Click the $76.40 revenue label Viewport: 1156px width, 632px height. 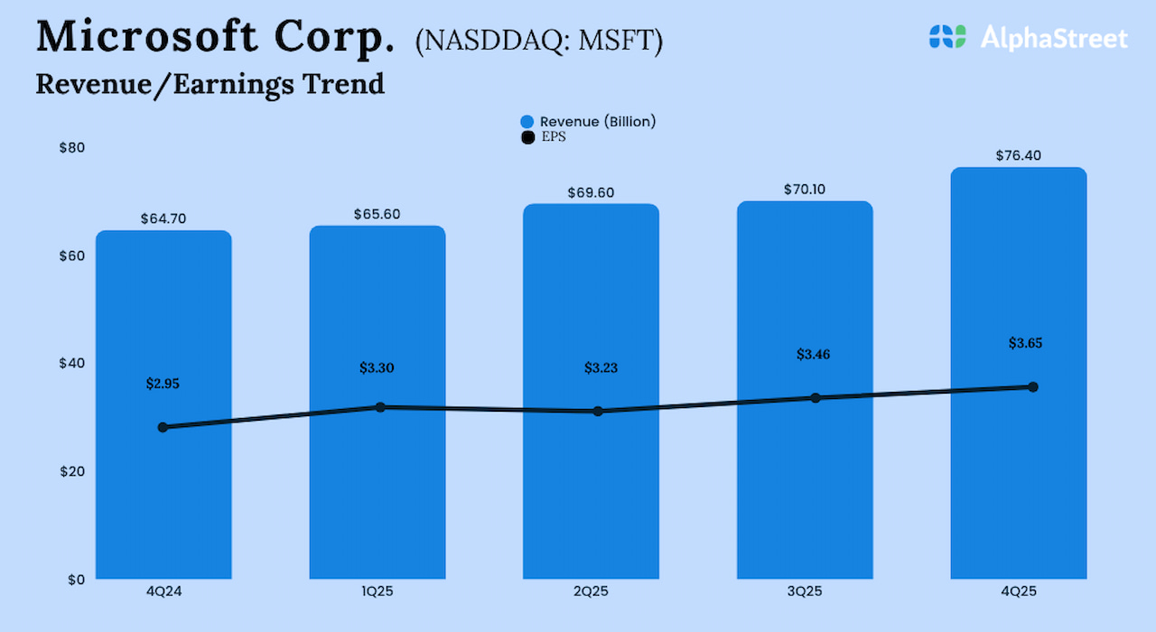click(1018, 155)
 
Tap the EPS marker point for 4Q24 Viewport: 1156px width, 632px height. click(163, 427)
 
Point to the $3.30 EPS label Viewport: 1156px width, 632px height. click(377, 367)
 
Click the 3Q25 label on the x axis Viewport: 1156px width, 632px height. click(804, 591)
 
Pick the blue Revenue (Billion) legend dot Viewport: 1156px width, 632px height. click(527, 122)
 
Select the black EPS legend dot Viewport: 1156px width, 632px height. click(527, 137)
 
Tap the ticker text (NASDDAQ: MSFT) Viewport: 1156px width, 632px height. click(538, 42)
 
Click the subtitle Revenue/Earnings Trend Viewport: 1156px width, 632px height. click(210, 84)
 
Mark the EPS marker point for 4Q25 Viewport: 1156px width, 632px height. click(1032, 386)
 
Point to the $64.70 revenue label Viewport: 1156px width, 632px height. click(163, 218)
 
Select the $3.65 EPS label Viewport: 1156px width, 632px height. click(1030, 343)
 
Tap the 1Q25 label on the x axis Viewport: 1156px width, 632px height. click(377, 591)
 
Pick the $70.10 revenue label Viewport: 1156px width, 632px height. click(805, 190)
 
